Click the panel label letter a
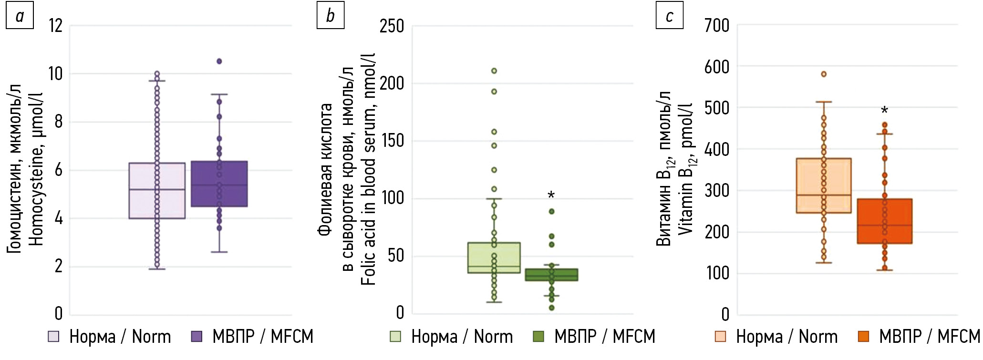point(20,16)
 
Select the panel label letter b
point(330,16)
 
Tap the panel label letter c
point(669,16)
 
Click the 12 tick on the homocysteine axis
point(56,25)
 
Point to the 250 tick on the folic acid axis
point(392,26)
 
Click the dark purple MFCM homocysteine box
point(219,184)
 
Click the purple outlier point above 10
point(219,61)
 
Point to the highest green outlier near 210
point(494,71)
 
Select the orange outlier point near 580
point(824,74)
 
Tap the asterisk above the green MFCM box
point(551,195)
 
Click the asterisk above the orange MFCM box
point(884,111)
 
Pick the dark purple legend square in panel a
point(197,337)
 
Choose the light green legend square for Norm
point(395,337)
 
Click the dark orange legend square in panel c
point(863,337)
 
